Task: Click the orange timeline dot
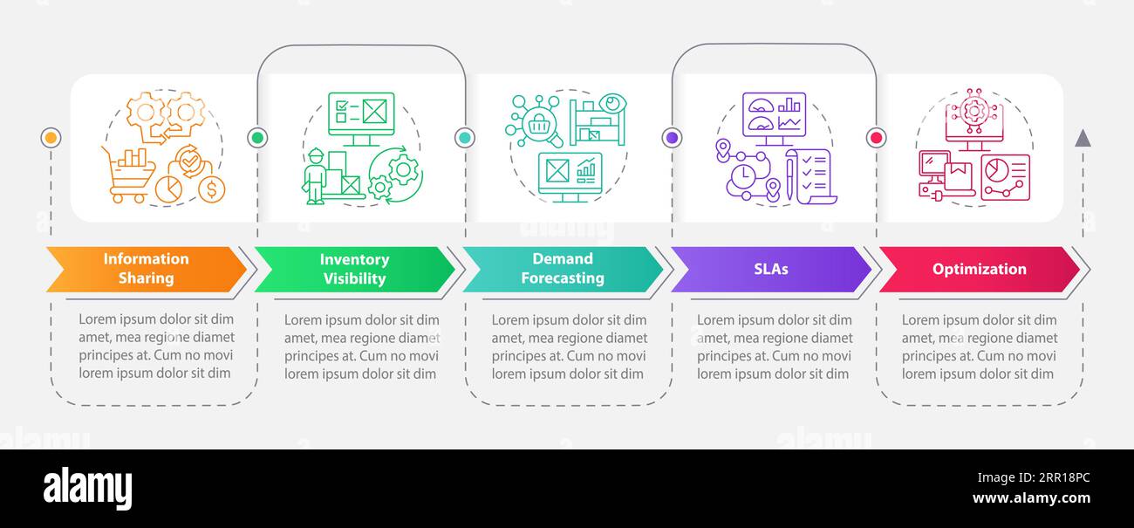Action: [51, 137]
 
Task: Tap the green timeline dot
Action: [257, 137]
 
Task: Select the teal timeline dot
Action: [465, 137]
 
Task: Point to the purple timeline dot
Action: [672, 137]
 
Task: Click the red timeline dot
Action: [876, 137]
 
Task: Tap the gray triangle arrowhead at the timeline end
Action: [1083, 139]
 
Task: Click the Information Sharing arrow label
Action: [146, 269]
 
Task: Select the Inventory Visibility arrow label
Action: [354, 269]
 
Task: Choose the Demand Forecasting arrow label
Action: [563, 269]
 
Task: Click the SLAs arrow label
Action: [771, 269]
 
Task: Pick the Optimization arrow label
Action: [979, 269]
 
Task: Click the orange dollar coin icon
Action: [212, 189]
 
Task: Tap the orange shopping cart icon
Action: [129, 175]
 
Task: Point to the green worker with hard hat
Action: [314, 177]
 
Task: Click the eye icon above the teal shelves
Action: [612, 103]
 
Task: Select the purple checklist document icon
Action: [812, 177]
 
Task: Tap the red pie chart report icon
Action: [1006, 177]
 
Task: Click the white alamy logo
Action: [87, 488]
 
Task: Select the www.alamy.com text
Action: [1031, 498]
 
